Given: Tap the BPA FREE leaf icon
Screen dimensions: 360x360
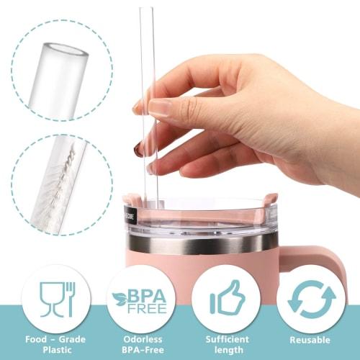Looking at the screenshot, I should tap(139, 301).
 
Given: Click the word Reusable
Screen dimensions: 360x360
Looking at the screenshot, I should tap(310, 340).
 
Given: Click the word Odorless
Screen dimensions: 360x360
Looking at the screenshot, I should tap(139, 339).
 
